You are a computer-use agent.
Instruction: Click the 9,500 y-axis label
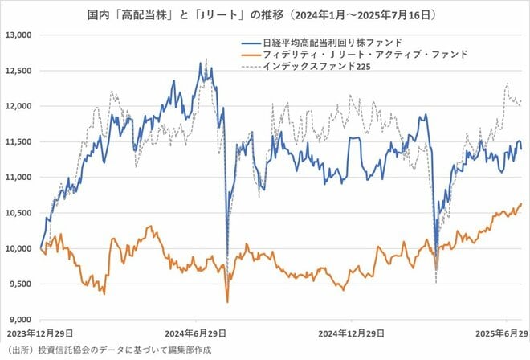[x=18, y=284]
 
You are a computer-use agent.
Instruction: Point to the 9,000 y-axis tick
[x=18, y=319]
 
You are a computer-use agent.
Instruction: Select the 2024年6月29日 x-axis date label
[x=194, y=333]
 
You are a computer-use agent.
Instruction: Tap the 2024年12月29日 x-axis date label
[x=354, y=333]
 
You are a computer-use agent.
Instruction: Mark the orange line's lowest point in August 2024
[x=227, y=302]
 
